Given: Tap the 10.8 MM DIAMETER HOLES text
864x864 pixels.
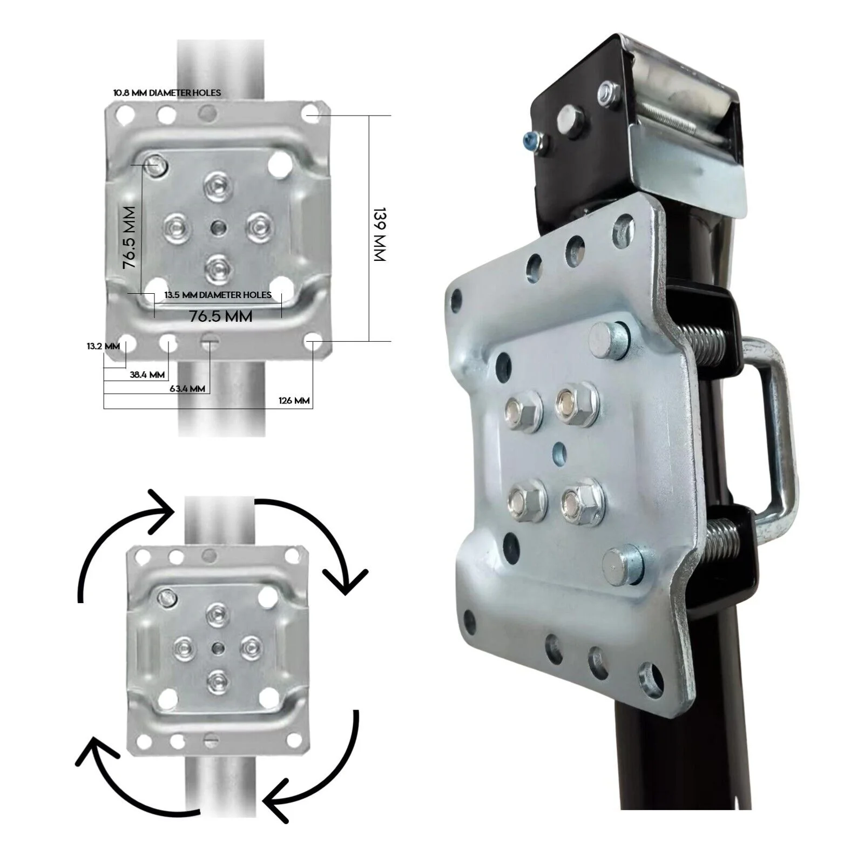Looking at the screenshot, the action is tap(167, 93).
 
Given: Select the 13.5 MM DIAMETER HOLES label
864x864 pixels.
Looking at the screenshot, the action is tap(218, 295).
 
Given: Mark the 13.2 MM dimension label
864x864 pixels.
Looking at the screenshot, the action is tap(103, 346).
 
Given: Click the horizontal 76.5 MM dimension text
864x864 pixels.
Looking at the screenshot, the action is tap(221, 316).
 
